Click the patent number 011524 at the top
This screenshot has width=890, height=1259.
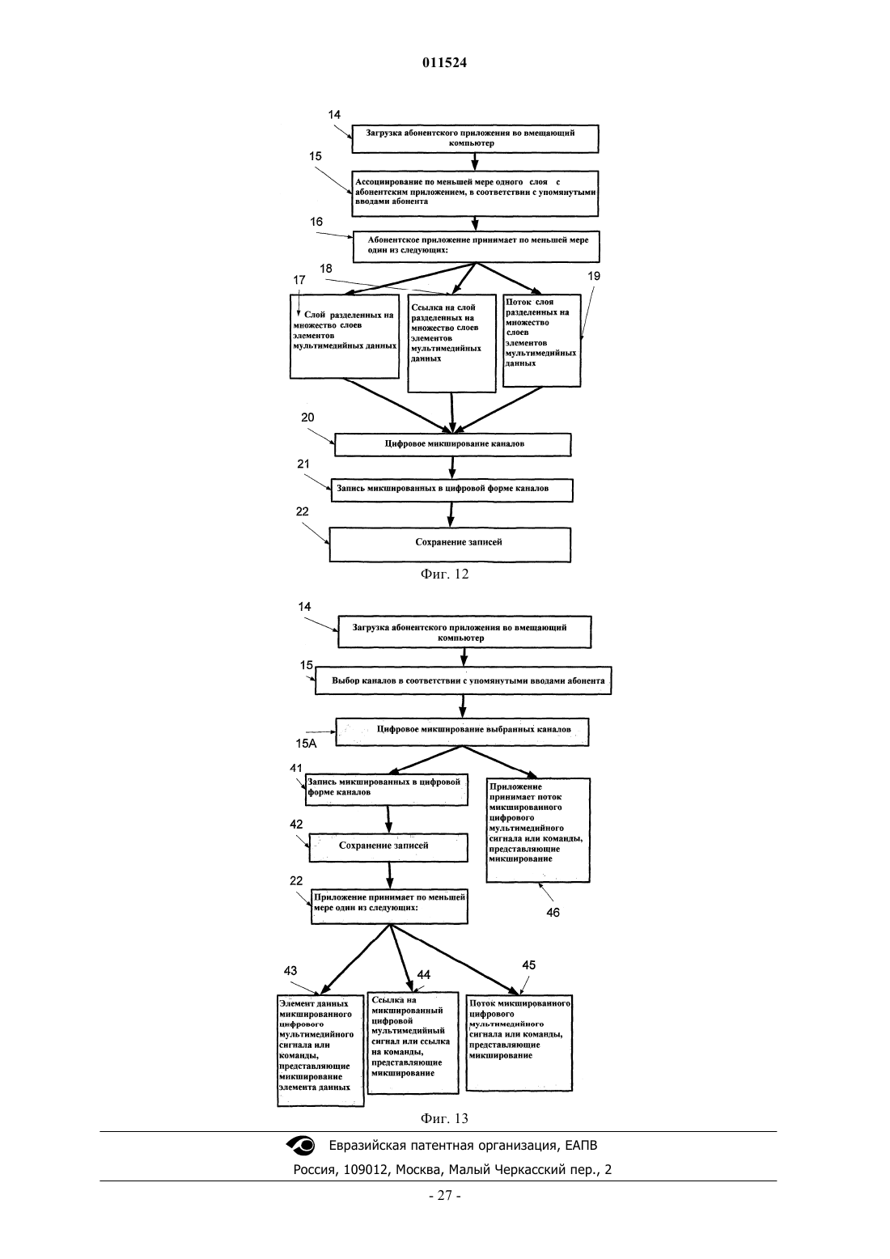tap(444, 62)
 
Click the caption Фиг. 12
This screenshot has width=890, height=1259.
tap(444, 574)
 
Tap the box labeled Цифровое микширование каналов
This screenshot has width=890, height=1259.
tap(453, 444)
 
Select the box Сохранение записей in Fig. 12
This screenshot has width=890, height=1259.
tap(450, 544)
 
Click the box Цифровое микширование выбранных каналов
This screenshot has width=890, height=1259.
tap(462, 731)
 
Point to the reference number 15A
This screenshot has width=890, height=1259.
tap(306, 744)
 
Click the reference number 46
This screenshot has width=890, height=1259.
tap(553, 912)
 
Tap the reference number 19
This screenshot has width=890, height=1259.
tap(594, 276)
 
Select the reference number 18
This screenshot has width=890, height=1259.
tap(326, 269)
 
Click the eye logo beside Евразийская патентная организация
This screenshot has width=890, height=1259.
tap(301, 1145)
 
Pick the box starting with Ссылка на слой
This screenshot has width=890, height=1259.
tap(451, 343)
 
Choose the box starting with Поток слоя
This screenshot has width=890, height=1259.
tap(541, 340)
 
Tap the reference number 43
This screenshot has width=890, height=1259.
tap(290, 971)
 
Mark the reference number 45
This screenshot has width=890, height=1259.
tap(528, 965)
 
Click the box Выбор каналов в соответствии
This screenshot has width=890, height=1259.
tap(463, 680)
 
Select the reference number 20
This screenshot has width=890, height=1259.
tap(307, 418)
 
